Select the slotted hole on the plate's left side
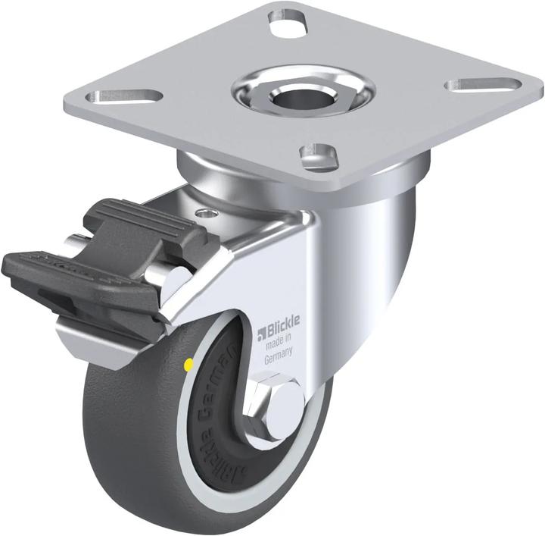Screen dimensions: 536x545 coord(127,96)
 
